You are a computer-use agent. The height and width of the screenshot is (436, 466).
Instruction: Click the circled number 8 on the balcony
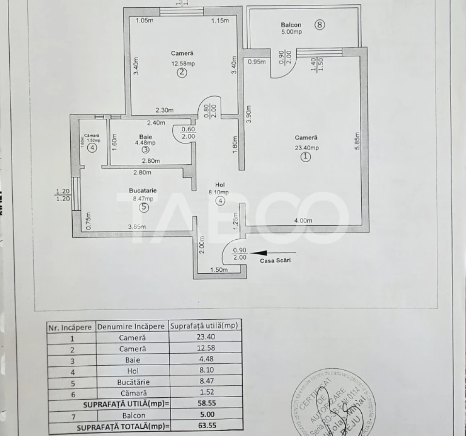pyautogui.click(x=319, y=25)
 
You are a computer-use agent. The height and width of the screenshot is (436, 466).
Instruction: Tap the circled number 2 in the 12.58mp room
pyautogui.click(x=182, y=73)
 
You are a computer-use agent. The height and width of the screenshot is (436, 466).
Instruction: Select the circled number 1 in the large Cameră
pyautogui.click(x=305, y=157)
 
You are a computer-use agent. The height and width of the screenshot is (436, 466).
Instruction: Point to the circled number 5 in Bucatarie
pyautogui.click(x=144, y=207)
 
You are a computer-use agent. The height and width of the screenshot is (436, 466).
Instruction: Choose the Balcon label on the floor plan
pyautogui.click(x=291, y=25)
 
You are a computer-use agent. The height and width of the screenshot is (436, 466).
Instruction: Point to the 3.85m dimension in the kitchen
pyautogui.click(x=137, y=227)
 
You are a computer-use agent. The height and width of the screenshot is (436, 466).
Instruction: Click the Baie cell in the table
pyautogui.click(x=132, y=359)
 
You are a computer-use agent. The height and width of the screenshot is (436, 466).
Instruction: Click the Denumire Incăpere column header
pyautogui.click(x=132, y=327)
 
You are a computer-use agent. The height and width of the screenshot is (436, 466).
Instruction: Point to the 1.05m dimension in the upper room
pyautogui.click(x=144, y=20)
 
